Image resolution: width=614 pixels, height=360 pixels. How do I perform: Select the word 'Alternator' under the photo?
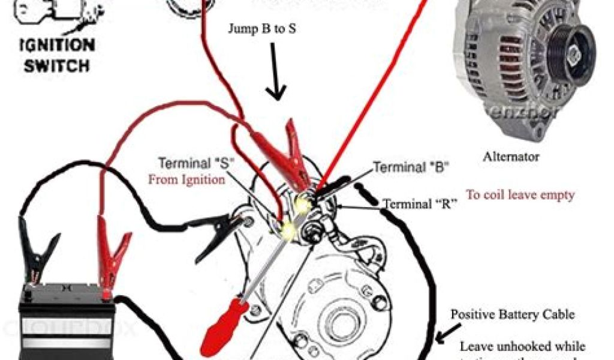511,157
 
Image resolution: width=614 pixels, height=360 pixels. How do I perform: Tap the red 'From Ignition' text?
186,179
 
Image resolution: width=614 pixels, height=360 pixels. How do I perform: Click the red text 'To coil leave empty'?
520,194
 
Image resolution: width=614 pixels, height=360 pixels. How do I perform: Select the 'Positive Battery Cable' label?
513,314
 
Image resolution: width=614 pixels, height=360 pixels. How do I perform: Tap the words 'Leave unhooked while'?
522,347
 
